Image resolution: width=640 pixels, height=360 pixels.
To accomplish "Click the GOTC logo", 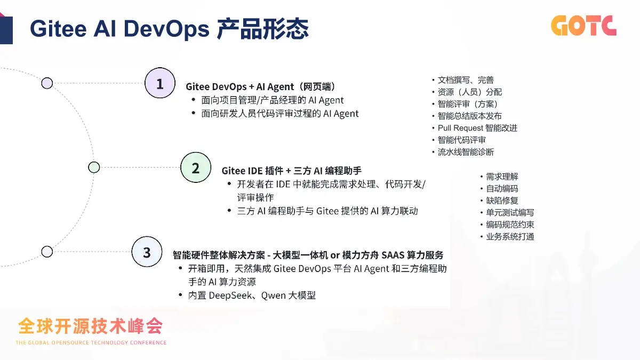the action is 583,26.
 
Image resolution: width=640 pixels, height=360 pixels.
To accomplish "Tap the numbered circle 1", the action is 160,83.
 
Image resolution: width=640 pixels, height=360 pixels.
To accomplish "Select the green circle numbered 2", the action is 196,167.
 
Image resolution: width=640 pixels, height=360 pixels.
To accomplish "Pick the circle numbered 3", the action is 147,252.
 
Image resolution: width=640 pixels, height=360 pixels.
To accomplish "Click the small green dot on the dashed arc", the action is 94,167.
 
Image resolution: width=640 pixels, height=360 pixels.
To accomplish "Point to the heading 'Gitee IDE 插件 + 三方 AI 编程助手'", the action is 292,171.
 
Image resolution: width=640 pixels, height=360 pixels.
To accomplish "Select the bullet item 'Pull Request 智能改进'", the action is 477,128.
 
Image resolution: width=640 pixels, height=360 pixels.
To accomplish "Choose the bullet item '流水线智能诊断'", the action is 466,152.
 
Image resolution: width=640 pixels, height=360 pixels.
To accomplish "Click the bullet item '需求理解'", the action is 502,177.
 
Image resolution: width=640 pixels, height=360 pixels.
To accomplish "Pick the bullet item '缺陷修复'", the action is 502,201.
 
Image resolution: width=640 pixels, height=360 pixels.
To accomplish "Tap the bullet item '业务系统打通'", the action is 510,237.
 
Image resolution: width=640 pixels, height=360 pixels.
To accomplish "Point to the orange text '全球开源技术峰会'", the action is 90,326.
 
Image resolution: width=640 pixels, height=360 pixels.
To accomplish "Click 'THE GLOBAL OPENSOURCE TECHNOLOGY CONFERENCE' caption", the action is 91,342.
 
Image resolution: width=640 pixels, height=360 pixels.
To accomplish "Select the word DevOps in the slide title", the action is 166,29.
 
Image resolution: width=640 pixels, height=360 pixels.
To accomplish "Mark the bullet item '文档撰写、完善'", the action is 466,80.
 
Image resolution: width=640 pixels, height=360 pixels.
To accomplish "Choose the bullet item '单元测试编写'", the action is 510,213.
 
